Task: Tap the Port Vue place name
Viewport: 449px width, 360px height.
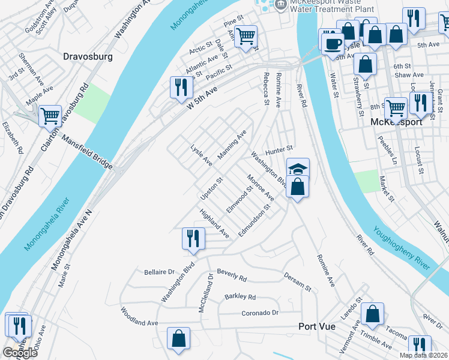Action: [x=321, y=327]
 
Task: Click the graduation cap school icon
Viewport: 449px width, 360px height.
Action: [x=297, y=169]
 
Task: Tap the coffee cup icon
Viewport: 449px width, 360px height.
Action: [x=332, y=43]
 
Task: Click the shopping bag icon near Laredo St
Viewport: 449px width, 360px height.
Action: [x=372, y=313]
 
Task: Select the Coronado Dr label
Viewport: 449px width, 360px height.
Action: [x=261, y=313]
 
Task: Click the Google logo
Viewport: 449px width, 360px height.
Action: [x=20, y=353]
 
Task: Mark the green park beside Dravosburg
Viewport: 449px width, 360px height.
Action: [x=89, y=103]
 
